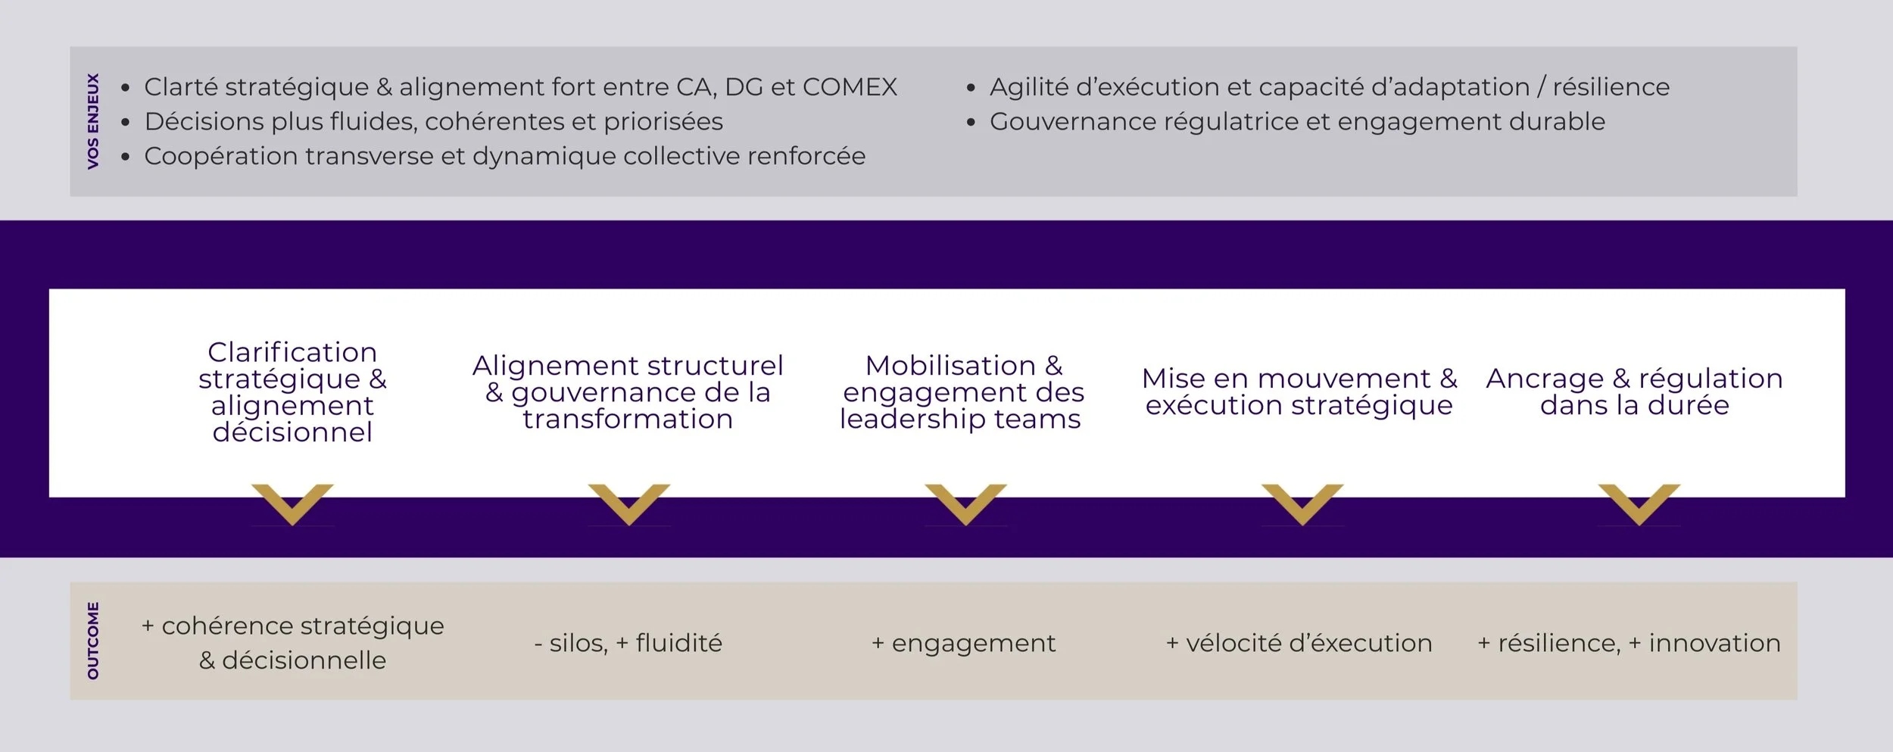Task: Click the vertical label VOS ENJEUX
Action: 93,121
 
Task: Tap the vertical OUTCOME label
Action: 93,641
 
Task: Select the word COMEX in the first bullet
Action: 850,87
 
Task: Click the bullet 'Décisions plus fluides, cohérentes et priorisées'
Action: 433,122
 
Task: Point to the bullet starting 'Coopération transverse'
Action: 504,156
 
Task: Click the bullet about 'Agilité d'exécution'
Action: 1329,87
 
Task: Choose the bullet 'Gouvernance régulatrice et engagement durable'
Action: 1296,122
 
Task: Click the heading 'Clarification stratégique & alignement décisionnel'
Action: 292,392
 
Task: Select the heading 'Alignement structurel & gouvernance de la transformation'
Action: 628,392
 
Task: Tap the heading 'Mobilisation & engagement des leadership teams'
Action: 962,392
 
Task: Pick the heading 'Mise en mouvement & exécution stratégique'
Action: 1299,392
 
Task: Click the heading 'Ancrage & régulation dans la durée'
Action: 1634,392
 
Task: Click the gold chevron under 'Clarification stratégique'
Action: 292,502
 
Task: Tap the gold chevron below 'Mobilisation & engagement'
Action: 965,502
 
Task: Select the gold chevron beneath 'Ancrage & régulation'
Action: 1639,502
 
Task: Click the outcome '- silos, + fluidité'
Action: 628,643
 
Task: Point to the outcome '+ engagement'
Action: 963,643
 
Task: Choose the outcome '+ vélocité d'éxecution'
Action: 1299,643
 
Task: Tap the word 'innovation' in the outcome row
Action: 1714,643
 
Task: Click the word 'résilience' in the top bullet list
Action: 1611,87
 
